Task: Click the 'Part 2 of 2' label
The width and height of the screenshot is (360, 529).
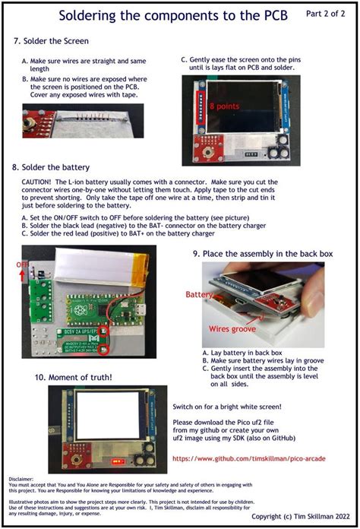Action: coord(327,14)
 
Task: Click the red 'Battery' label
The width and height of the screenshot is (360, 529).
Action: coord(200,293)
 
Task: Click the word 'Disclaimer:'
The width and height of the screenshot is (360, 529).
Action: coord(22,479)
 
